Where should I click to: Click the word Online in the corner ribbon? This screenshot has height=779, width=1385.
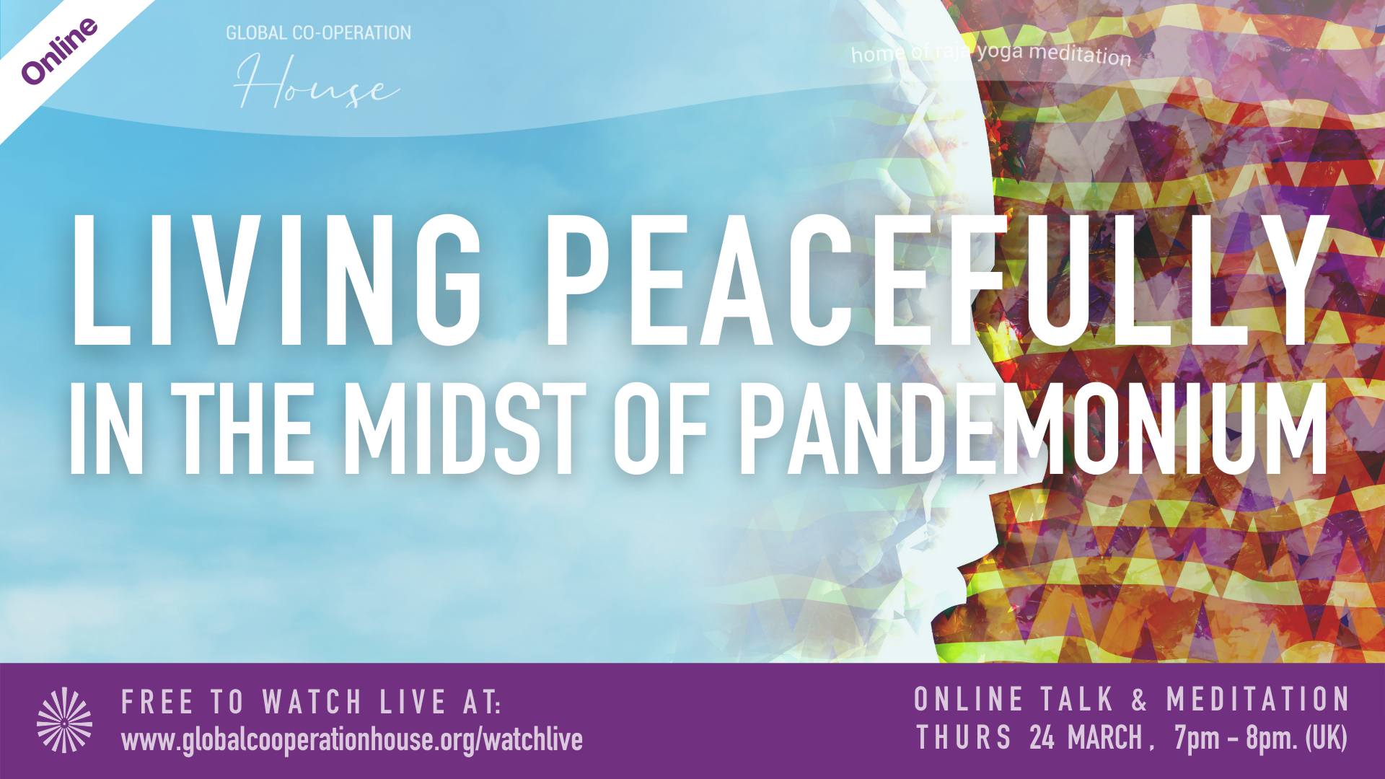click(60, 50)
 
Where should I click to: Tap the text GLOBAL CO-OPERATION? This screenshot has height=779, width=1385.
click(318, 33)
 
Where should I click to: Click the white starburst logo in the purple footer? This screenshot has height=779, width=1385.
click(65, 720)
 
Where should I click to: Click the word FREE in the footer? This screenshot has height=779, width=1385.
click(157, 703)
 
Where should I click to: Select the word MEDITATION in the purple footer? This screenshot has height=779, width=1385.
click(1257, 700)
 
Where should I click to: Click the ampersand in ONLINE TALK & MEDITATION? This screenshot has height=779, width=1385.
click(1139, 700)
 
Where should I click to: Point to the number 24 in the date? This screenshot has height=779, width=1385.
click(1042, 738)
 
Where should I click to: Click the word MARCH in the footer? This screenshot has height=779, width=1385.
click(1105, 738)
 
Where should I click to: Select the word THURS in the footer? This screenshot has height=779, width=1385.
click(964, 738)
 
